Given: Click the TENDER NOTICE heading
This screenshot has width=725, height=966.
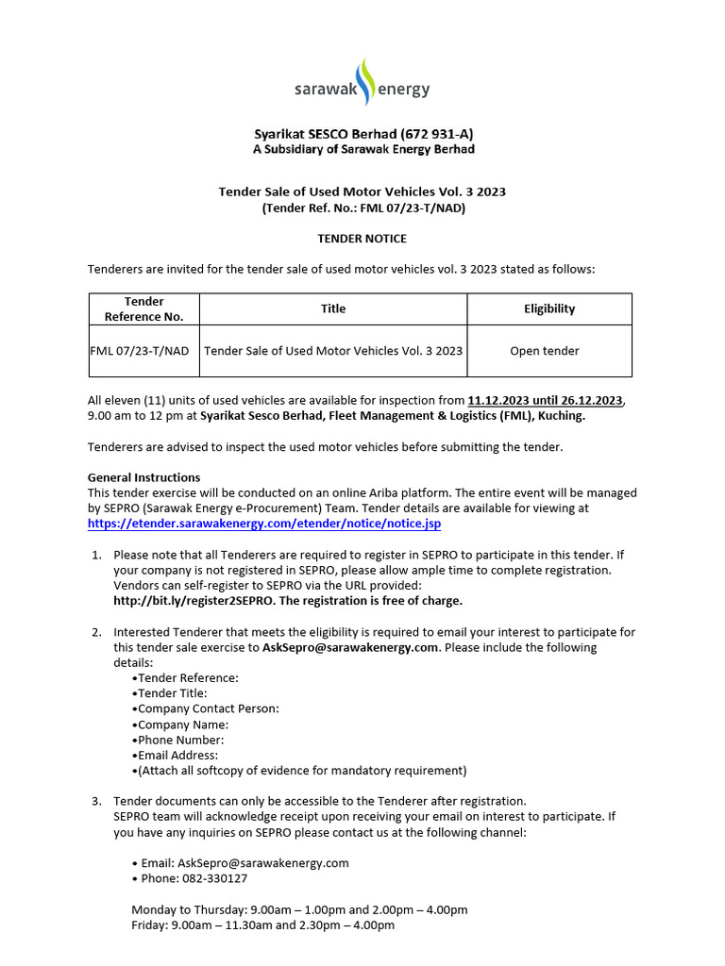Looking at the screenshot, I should click(362, 239).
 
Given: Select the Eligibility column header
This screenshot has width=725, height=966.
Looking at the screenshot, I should click(549, 308).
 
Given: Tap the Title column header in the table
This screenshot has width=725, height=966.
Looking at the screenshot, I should click(333, 308).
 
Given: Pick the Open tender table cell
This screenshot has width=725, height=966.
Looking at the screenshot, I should click(545, 351).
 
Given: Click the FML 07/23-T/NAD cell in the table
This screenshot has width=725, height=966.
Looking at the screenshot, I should click(139, 351).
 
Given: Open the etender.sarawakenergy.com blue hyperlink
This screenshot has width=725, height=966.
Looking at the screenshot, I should click(263, 523).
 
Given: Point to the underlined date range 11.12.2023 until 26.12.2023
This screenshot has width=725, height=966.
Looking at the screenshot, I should click(546, 401).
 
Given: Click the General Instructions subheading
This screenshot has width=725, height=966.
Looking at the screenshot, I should click(143, 477).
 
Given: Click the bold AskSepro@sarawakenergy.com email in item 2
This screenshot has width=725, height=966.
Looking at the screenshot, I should click(351, 647).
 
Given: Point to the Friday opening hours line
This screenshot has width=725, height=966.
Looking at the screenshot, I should click(262, 925).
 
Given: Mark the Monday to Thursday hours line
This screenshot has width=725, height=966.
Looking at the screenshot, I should click(299, 910).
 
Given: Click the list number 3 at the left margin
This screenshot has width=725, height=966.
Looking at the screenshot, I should click(96, 801).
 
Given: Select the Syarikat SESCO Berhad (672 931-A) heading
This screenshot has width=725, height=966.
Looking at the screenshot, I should click(362, 134).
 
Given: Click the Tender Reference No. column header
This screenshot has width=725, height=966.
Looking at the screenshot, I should click(143, 308).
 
